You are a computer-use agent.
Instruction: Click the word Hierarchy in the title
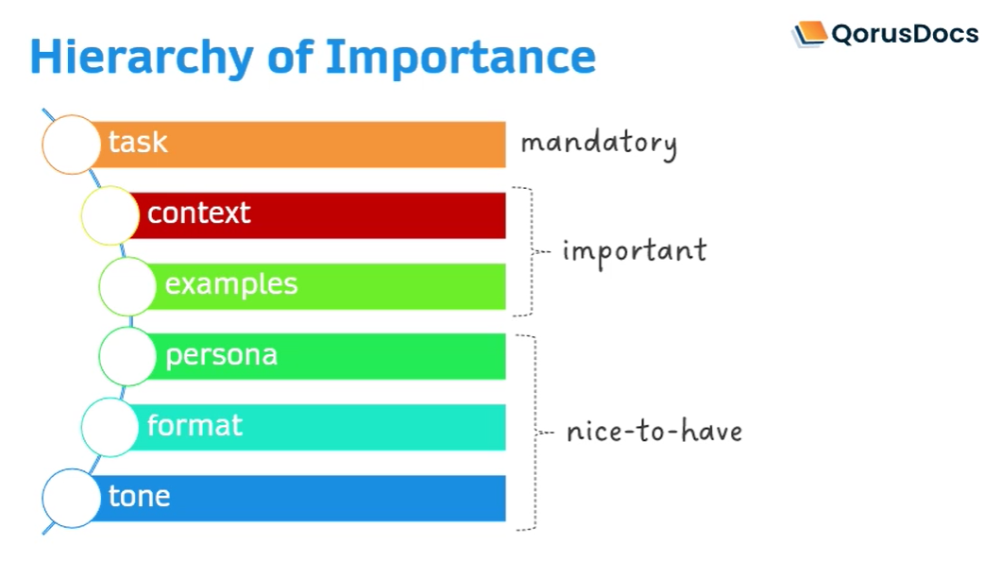point(142,58)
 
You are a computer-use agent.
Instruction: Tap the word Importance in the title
point(461,58)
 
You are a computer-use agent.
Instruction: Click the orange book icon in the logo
point(809,33)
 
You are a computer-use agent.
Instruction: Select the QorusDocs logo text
point(905,33)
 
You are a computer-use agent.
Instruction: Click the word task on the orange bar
point(138,143)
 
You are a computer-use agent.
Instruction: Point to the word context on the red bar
point(199,212)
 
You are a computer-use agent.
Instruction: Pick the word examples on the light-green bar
point(231,284)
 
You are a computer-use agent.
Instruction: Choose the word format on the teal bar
point(195,425)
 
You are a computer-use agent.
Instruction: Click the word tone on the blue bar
point(140,496)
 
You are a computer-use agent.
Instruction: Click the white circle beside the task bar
point(72,144)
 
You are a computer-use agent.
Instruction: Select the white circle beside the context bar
point(110,215)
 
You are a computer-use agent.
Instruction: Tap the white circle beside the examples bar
point(127,287)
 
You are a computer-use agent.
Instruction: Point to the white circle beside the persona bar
point(127,356)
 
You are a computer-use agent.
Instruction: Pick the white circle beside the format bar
point(110,427)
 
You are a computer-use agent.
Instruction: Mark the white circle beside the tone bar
point(72,499)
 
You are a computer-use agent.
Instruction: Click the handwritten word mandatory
point(599,144)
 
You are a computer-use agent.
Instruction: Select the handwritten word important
point(635,252)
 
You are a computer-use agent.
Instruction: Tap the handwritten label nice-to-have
point(655,432)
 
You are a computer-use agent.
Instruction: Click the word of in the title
point(290,57)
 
